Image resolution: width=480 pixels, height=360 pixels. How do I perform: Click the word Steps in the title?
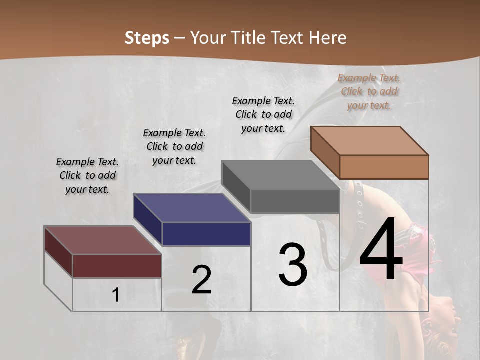coord(147,38)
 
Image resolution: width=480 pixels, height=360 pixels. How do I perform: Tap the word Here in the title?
coord(327,38)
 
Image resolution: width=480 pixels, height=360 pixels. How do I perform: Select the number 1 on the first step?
coord(115,295)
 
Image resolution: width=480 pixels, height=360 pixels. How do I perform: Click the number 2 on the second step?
coord(201,280)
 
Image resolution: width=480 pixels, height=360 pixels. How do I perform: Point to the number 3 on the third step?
coord(293,265)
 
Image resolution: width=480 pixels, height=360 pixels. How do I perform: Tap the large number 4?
coord(381,249)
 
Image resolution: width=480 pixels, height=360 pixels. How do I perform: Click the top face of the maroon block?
coord(102,240)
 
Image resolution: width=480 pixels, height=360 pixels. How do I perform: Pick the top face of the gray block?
coord(280,175)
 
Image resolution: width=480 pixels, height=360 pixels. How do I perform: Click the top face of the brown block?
coord(369,141)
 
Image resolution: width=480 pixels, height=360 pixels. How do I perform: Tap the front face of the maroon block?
coord(117,266)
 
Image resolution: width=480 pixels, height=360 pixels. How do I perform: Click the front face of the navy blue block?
coord(206,234)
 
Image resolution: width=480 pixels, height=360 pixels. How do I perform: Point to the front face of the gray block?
coord(295,201)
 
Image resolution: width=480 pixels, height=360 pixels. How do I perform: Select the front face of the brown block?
coord(384,167)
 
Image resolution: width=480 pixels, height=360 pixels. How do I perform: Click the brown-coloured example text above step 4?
coord(369,91)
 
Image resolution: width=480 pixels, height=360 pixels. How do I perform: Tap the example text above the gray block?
coord(263,114)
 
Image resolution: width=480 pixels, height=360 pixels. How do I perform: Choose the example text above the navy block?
coord(174,146)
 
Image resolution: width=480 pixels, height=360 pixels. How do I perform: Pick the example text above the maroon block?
coord(87,175)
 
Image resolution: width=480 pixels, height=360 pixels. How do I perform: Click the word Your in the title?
coord(208,38)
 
